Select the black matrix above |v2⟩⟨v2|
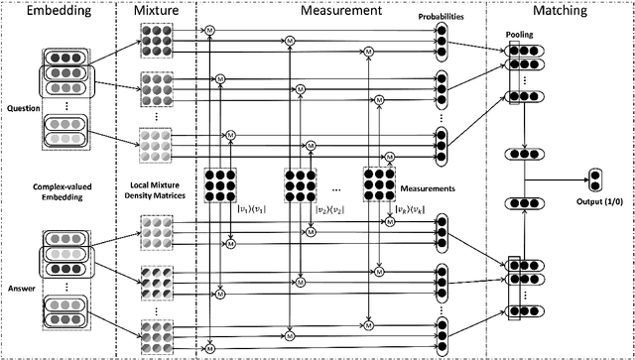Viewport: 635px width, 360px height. point(302,183)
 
